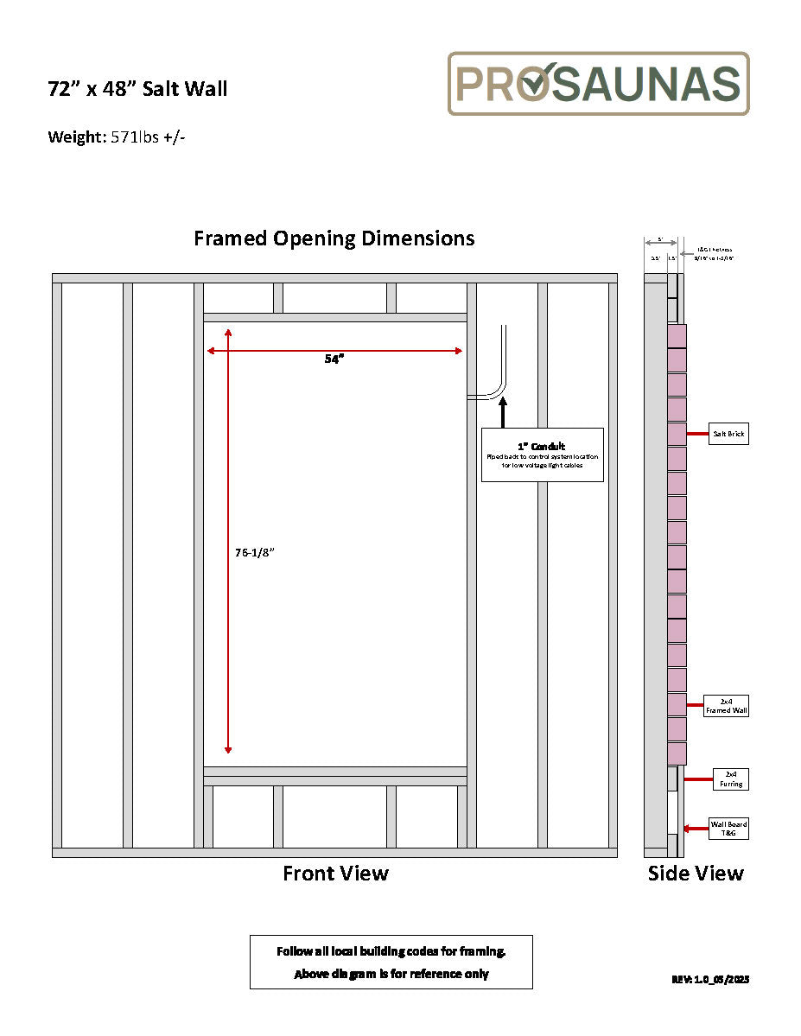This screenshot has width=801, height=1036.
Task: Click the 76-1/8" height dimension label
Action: pyautogui.click(x=253, y=553)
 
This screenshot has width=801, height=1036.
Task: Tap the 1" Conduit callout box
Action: pyautogui.click(x=542, y=454)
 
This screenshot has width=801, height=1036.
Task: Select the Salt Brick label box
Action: pyautogui.click(x=730, y=435)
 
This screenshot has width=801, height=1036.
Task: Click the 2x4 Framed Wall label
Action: pyautogui.click(x=727, y=705)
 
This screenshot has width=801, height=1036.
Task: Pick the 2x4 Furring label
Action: pyautogui.click(x=730, y=779)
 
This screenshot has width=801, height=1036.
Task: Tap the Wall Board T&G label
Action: pyautogui.click(x=728, y=828)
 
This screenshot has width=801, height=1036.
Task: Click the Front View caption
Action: pyautogui.click(x=335, y=874)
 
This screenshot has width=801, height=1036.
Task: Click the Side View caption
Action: pyautogui.click(x=696, y=874)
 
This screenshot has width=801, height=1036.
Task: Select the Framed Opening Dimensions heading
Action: pyautogui.click(x=334, y=238)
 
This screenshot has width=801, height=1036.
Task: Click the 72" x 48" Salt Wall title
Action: pyautogui.click(x=137, y=89)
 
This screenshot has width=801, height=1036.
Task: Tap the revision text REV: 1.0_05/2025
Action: pyautogui.click(x=709, y=980)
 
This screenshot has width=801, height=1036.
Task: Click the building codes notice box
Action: pyautogui.click(x=391, y=962)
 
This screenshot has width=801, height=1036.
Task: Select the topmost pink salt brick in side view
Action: pyautogui.click(x=677, y=335)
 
